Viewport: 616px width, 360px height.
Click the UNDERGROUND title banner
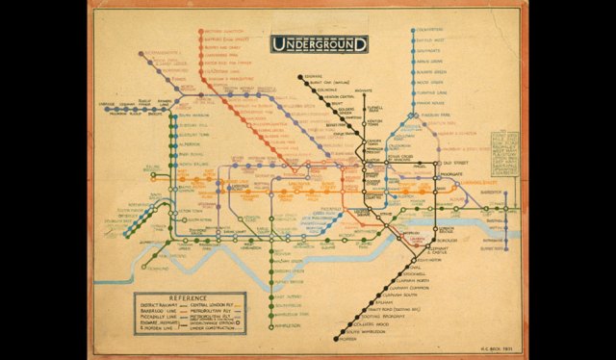pos(320,43)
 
